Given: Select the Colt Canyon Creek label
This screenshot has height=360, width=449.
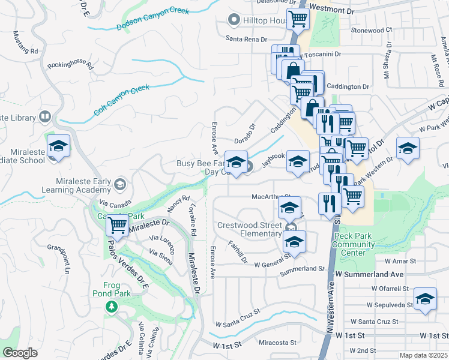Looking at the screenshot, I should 121,100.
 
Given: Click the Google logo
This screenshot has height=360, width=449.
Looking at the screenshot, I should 20,352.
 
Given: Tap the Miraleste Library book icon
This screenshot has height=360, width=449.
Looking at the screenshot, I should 45,117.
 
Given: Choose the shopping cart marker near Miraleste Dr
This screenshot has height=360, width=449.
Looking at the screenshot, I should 118,226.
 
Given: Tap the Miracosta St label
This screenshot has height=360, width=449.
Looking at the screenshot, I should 278,343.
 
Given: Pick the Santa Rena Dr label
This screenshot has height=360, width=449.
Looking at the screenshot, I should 246,39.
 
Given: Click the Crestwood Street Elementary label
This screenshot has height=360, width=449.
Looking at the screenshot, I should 249,229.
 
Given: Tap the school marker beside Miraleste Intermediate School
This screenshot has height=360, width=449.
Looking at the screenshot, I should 58,146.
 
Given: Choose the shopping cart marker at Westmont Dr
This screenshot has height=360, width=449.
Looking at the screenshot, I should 298,19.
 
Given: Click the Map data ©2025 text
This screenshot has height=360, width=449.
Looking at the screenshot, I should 423,355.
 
